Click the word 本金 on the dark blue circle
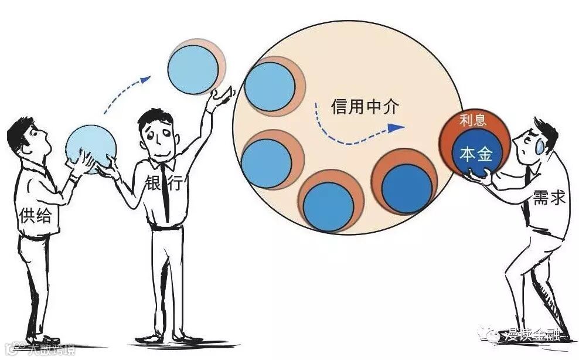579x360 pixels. [x=476, y=155]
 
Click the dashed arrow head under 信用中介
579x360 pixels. [x=399, y=126]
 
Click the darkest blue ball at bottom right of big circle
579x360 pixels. [x=406, y=187]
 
